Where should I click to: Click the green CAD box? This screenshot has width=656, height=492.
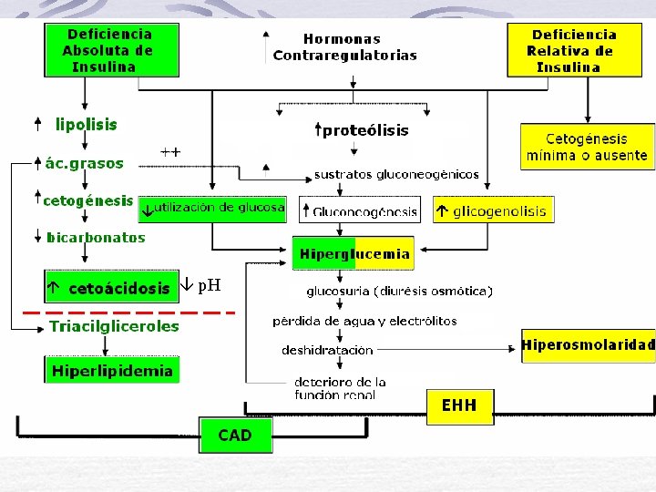[x=236, y=435]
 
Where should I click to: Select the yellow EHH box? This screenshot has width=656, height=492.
[x=460, y=406]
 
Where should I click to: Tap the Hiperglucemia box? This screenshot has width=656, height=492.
[x=354, y=253]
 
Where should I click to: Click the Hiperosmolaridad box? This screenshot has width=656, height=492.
[x=589, y=345]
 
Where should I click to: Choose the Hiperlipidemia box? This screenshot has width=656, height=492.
[x=112, y=370]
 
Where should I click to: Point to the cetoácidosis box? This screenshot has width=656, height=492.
[x=112, y=287]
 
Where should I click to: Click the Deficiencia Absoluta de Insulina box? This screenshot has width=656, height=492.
[x=112, y=50]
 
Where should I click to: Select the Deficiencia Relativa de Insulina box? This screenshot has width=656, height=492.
[x=574, y=50]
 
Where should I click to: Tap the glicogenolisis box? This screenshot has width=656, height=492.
[x=494, y=210]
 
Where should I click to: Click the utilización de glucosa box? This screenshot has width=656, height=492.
[x=212, y=210]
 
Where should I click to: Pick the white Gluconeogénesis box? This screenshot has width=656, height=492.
[x=360, y=210]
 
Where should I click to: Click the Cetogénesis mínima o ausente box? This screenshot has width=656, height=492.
[x=588, y=147]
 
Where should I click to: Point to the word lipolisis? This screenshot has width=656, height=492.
[x=87, y=124]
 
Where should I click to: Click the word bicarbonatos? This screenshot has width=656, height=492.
[x=96, y=237]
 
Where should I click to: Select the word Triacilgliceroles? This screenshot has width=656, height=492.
[x=114, y=326]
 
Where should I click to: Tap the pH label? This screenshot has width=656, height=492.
[x=210, y=286]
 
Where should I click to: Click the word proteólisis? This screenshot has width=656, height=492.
[x=365, y=130]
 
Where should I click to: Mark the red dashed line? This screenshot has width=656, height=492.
[x=128, y=313]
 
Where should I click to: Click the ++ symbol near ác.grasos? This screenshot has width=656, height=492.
[x=170, y=151]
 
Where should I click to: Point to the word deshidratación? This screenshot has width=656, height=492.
[x=328, y=350]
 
